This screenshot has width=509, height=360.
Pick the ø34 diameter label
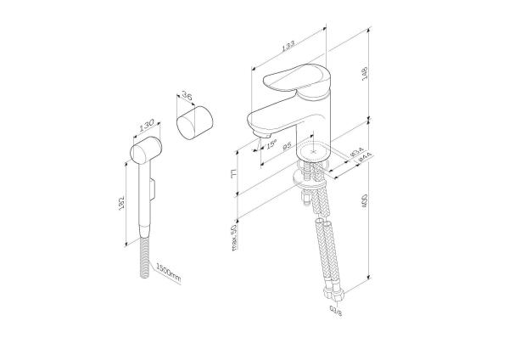pyautogui.click(x=358, y=153)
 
